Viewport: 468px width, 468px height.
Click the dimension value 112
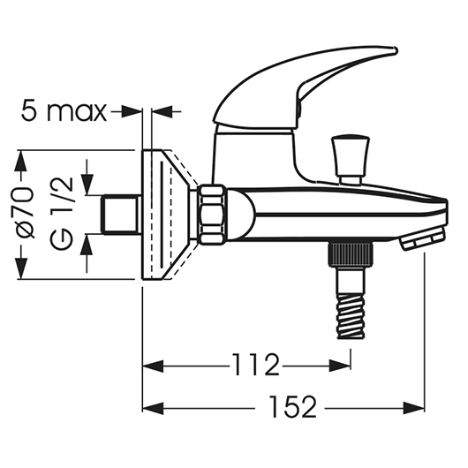pyautogui.click(x=255, y=365)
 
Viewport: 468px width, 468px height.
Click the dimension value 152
pyautogui.click(x=292, y=407)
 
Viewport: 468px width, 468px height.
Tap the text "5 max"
pyautogui.click(x=64, y=111)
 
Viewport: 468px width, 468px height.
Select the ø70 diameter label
pyautogui.click(x=25, y=214)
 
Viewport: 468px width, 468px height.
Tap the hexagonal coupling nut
pyautogui.click(x=213, y=215)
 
